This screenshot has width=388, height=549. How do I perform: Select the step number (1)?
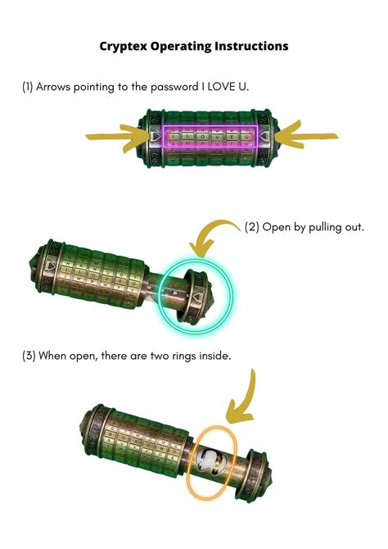28,87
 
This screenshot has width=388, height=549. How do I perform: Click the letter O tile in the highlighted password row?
202,137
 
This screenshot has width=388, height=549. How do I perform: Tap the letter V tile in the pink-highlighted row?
217,137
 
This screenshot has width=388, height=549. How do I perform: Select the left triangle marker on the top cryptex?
154,136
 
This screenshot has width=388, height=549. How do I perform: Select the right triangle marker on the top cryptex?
265,136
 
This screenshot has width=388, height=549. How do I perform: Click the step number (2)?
251,227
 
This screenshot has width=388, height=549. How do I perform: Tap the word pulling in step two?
325,227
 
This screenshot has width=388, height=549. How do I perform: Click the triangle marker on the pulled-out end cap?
197,298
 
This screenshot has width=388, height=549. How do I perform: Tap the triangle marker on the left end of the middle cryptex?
51,265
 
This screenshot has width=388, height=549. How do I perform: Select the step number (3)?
29,356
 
